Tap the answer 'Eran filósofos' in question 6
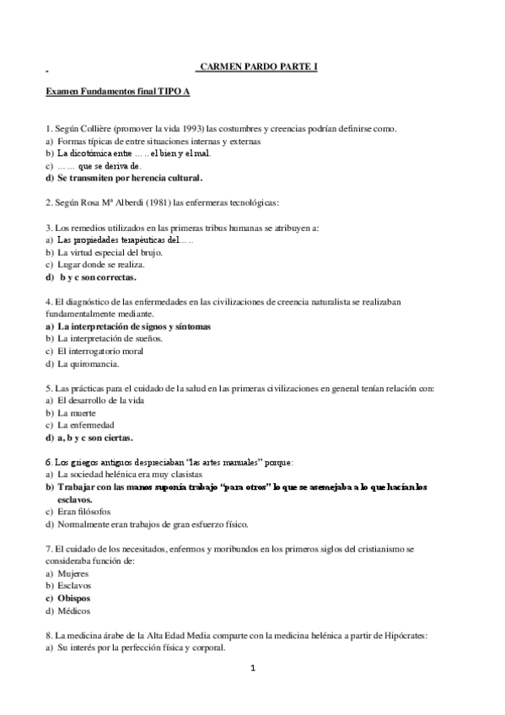pyautogui.click(x=88, y=512)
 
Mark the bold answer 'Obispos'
pyautogui.click(x=74, y=598)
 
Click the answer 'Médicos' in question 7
pyautogui.click(x=74, y=610)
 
